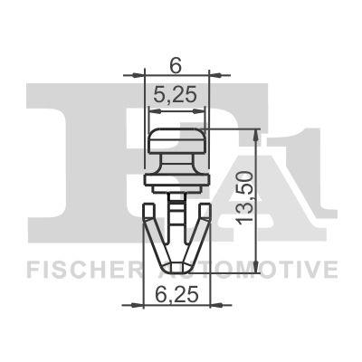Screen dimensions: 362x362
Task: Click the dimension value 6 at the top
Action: tap(177, 65)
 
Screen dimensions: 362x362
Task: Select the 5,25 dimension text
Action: tap(176, 93)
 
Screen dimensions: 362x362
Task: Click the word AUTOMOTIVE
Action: tap(262, 270)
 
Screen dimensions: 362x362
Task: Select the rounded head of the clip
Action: tap(177, 143)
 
